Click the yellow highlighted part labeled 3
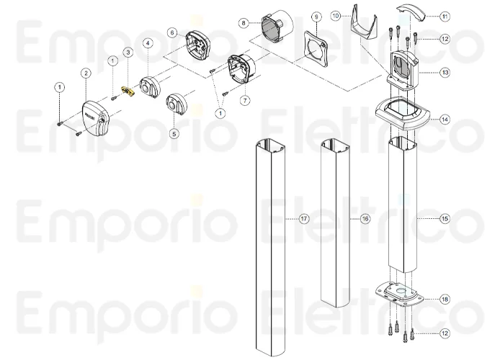click(x=130, y=91)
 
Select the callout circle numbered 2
click(x=86, y=73)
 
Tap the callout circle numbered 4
click(x=147, y=43)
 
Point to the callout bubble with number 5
click(x=174, y=133)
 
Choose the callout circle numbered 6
click(x=171, y=32)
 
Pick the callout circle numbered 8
click(x=244, y=22)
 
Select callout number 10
click(x=355, y=15)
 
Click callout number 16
click(x=365, y=217)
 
